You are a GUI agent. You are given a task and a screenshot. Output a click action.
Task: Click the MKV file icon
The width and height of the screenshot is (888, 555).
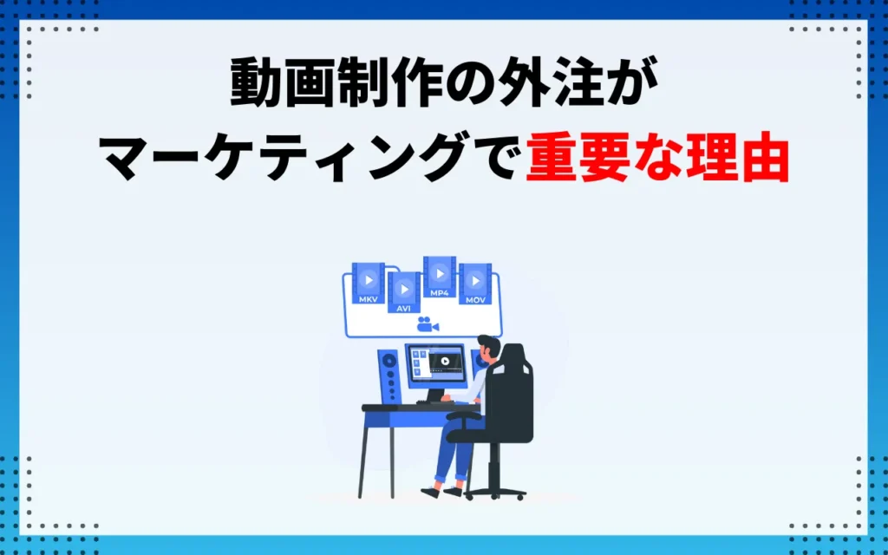point(368,284)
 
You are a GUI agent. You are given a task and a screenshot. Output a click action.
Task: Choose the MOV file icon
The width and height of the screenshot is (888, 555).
point(475,284)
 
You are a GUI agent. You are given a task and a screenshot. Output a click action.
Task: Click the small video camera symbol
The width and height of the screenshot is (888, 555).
point(427,325)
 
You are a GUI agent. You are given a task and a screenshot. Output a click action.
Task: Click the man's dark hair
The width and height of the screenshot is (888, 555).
point(491,346)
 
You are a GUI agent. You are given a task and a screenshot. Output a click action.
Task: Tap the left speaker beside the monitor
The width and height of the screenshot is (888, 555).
point(389,375)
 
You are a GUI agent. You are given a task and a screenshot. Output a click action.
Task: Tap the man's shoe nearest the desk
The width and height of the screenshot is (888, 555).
point(431,492)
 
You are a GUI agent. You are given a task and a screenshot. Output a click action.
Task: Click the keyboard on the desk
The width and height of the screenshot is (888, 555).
point(431,402)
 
